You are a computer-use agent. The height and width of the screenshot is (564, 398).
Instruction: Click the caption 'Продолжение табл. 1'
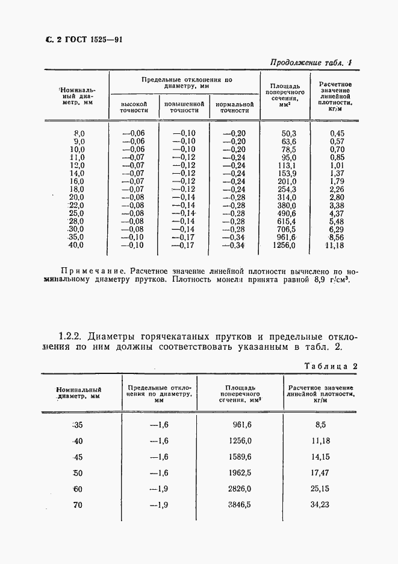(311, 62)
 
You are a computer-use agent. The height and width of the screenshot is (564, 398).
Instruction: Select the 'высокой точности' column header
(134, 107)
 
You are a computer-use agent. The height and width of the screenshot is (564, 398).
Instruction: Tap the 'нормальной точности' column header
(234, 107)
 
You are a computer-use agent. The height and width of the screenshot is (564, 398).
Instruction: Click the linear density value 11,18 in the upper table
(334, 246)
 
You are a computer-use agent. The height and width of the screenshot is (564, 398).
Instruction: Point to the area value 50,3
(289, 133)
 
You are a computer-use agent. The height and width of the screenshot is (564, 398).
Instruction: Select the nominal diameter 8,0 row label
(79, 133)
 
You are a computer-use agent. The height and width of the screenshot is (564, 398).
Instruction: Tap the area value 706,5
(287, 229)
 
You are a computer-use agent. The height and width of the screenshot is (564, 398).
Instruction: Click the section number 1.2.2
(74, 335)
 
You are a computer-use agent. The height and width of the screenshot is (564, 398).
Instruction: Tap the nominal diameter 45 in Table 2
(78, 457)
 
